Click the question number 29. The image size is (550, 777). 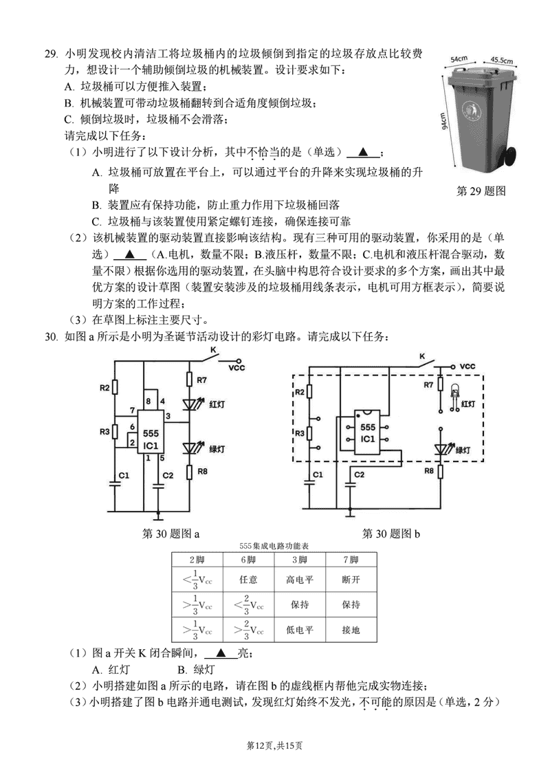[x=51, y=53]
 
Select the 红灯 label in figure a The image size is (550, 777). [x=217, y=406]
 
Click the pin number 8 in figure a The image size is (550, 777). [x=147, y=402]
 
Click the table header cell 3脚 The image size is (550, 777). [x=300, y=560]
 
